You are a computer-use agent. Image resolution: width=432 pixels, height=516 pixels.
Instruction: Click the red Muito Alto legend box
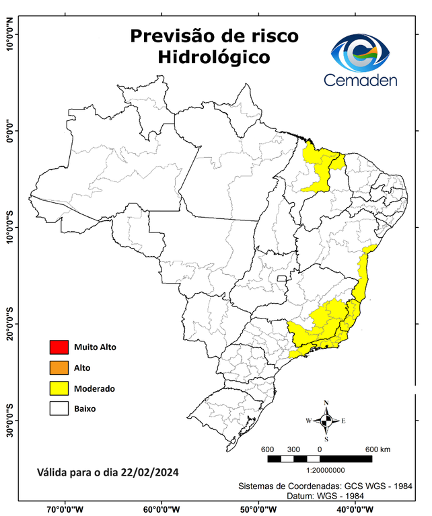pos(59,347)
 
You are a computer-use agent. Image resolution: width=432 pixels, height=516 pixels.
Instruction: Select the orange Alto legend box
pos(59,368)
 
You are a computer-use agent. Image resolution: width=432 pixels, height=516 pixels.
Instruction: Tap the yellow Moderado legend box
pos(59,388)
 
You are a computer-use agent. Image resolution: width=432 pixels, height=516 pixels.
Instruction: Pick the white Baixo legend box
pos(59,408)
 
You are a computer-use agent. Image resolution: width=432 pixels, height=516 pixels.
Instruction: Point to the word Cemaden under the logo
pos(361,80)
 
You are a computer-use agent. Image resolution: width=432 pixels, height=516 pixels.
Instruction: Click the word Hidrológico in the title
pos(215,58)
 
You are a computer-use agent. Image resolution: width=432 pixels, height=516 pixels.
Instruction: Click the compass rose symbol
pos(326,421)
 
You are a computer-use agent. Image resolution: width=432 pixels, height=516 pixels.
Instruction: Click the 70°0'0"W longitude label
pos(65,509)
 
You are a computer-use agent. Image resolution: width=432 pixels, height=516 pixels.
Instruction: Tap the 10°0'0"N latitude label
pos(10,35)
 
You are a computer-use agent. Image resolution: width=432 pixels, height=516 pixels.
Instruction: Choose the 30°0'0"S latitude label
pos(10,420)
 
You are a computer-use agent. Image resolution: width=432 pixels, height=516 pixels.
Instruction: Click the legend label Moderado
pos(94,388)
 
